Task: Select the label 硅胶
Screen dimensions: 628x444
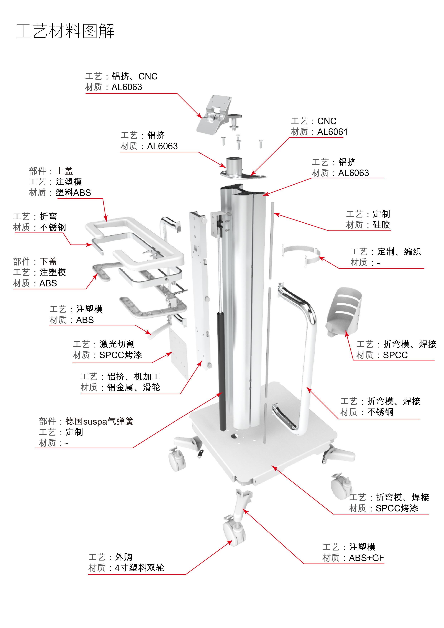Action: click(381, 225)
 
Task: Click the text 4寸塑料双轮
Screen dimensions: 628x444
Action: click(139, 568)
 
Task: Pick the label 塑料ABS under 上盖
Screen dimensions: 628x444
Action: click(73, 193)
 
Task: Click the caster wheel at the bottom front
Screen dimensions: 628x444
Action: click(234, 533)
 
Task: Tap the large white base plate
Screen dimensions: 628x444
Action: click(263, 446)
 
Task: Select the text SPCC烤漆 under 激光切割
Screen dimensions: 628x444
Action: click(121, 355)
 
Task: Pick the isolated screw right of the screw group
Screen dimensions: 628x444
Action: click(261, 143)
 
